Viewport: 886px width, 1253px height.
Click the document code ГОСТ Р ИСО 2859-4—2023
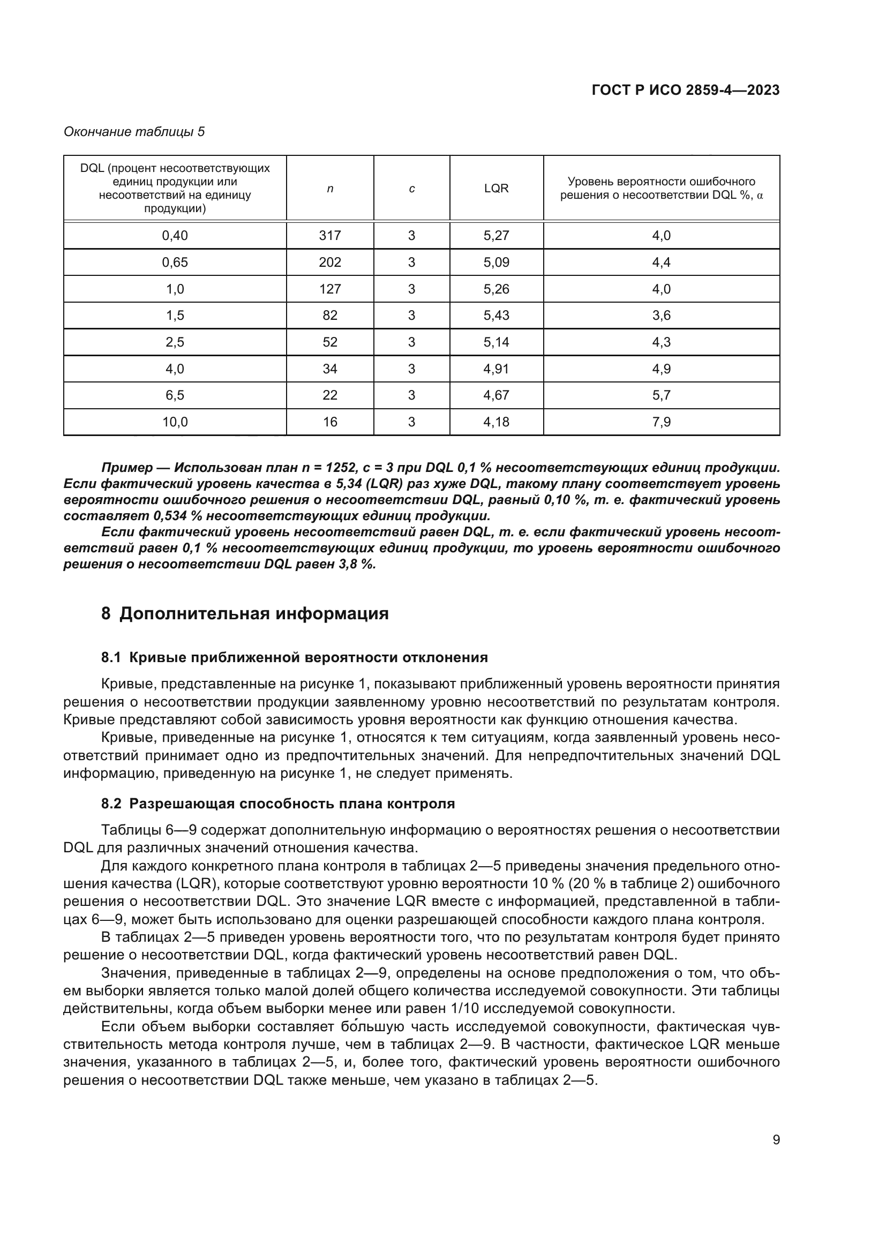pos(685,90)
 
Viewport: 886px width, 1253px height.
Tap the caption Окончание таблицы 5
pos(134,132)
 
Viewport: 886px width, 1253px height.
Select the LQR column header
pos(496,188)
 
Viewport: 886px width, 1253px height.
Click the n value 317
pos(329,235)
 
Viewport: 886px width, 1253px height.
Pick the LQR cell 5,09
pos(496,262)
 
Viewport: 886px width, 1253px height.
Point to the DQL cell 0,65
pos(175,262)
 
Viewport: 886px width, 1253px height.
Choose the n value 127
pos(329,289)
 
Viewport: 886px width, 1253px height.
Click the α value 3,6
pos(661,316)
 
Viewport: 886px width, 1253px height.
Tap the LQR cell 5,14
pos(496,342)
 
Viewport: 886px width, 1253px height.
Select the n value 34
pos(329,369)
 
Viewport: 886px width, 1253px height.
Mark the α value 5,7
pos(661,395)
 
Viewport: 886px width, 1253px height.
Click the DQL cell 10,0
pos(175,422)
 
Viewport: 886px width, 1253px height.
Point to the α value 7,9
pos(661,422)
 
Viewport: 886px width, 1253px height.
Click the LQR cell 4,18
pos(496,422)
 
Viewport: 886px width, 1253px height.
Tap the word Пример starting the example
pos(127,468)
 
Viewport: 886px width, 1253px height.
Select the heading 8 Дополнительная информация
pos(245,613)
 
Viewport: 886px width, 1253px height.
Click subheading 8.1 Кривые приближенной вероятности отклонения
pos(295,658)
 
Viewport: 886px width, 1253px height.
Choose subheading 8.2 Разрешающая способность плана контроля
pos(278,804)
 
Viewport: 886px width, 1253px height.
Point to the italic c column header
pos(411,189)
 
